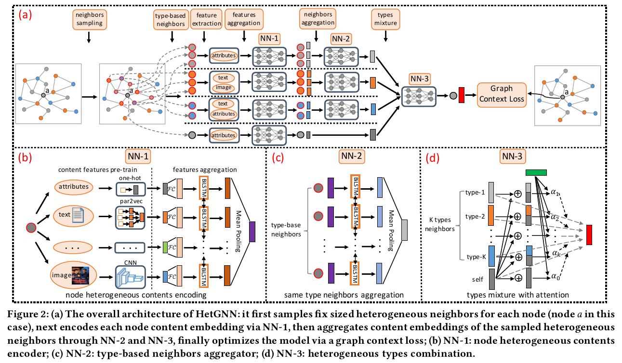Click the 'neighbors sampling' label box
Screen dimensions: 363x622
pyautogui.click(x=88, y=19)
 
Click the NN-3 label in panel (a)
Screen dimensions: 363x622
pyautogui.click(x=418, y=78)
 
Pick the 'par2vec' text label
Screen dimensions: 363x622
pyautogui.click(x=130, y=197)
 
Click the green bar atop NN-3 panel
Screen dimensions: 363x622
pyautogui.click(x=535, y=173)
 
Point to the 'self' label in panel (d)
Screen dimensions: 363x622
pyautogui.click(x=477, y=279)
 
